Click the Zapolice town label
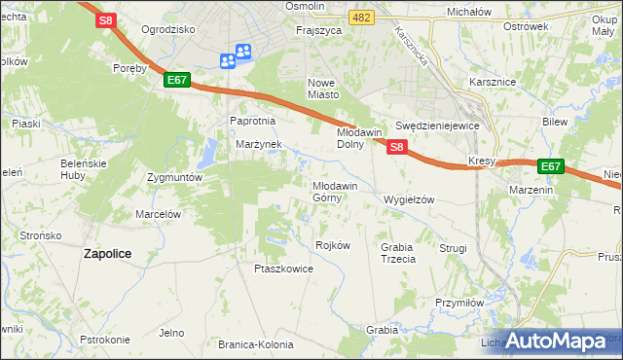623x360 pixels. pos(107,253)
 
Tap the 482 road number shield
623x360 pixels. pos(362,18)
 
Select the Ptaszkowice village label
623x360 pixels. pos(282,269)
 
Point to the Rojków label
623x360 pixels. pos(333,245)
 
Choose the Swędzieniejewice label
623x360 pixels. pos(438,126)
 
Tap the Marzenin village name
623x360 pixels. pos(531,190)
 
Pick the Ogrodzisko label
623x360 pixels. pos(167,29)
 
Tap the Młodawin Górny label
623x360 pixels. pos(335,191)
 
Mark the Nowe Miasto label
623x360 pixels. pos(323,89)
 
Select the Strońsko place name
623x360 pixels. pos(41,235)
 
